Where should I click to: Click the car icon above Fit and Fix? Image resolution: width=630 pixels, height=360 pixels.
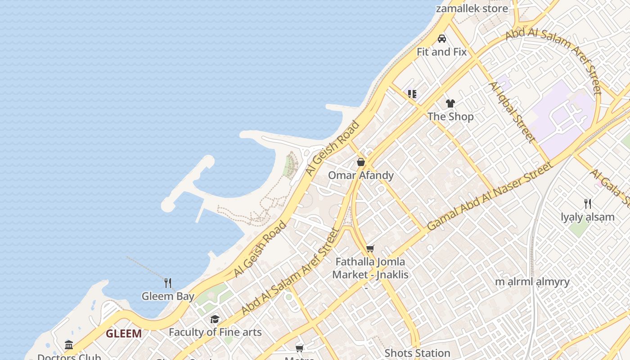coord(442,39)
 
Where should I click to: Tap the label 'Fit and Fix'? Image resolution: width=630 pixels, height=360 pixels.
coord(441,52)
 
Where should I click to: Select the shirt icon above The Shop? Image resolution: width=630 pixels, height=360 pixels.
coord(450,103)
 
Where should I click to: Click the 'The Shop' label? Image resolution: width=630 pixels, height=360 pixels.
coord(450,117)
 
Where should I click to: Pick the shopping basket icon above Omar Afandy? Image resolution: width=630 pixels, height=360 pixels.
coord(361,162)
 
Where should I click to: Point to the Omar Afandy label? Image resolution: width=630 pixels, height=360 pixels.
coord(361,175)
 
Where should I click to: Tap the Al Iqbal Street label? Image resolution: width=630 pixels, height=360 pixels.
coord(513,112)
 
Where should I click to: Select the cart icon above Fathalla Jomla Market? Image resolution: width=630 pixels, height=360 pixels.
coord(370,248)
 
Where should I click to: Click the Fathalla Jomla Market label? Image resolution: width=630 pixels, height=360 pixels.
coord(370,268)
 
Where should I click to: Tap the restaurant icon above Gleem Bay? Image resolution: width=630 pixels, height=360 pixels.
coord(168,283)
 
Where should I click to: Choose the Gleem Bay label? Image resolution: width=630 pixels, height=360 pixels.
coord(168,296)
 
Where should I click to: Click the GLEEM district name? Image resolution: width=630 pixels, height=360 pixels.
coord(124,334)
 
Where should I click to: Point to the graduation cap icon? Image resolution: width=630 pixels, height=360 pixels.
coord(215,319)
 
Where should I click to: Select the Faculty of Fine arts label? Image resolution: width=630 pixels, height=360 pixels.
coord(215,333)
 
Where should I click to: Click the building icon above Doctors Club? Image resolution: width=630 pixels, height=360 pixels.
coord(69,345)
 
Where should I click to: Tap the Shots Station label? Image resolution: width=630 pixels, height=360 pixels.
coord(417,353)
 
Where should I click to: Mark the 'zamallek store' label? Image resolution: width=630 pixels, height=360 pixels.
coord(472,9)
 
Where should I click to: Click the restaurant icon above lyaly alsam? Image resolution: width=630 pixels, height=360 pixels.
coord(588,204)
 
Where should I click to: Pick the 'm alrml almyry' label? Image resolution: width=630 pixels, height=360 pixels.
coord(532,282)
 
